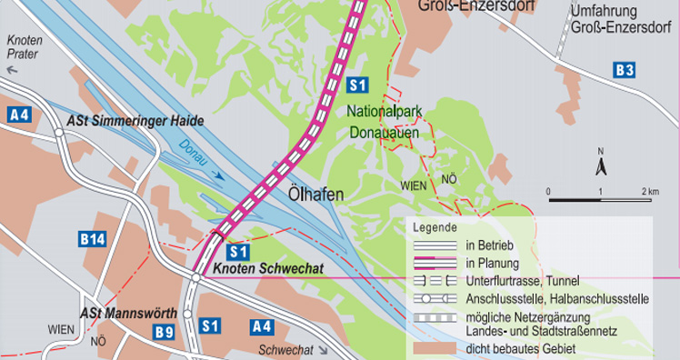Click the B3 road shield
click(x=624, y=69)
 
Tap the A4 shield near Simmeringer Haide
click(x=18, y=114)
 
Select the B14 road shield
click(x=92, y=239)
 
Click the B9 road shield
click(x=164, y=332)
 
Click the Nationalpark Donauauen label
click(x=383, y=121)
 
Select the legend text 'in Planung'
click(x=492, y=263)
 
